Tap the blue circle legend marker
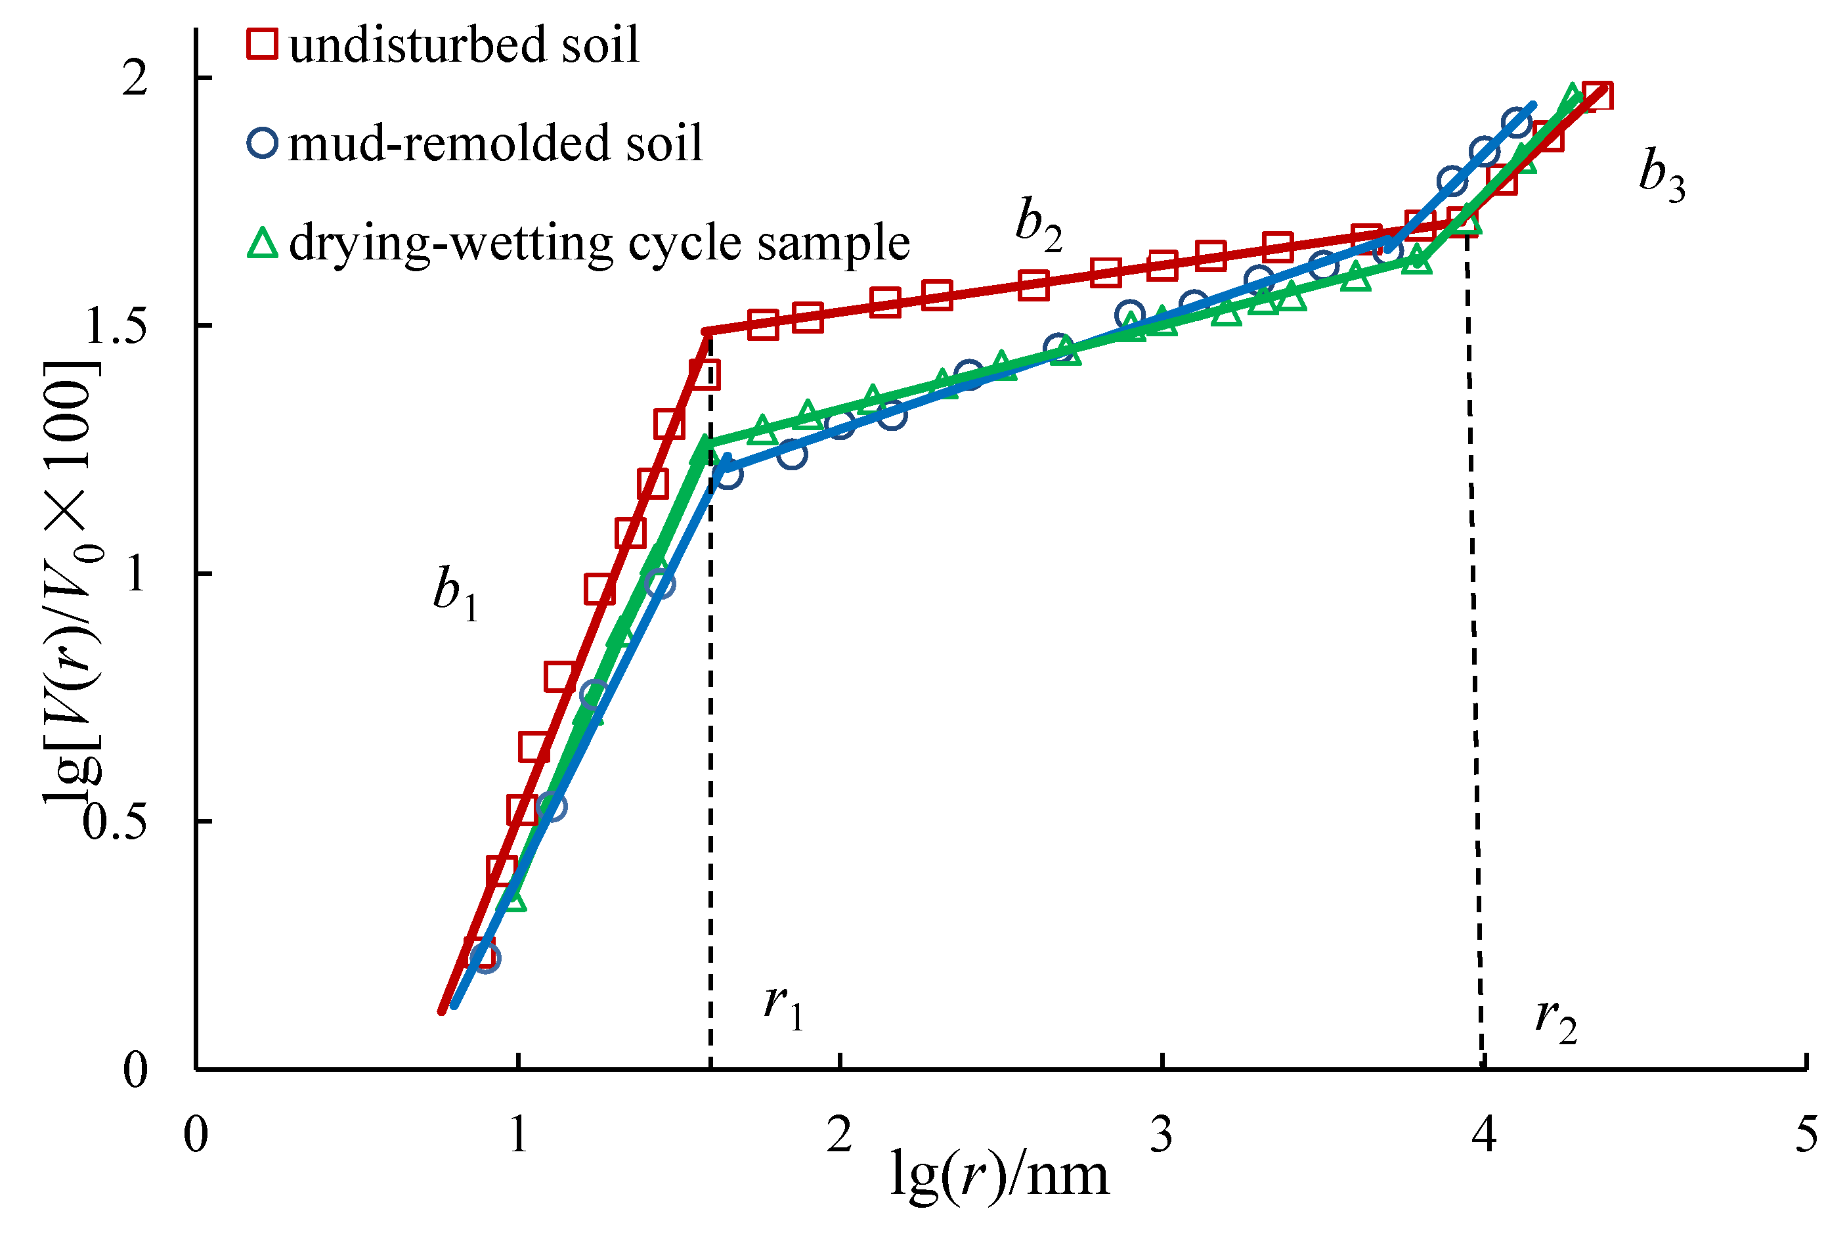tap(263, 143)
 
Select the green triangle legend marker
tap(263, 243)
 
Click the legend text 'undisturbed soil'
tap(464, 45)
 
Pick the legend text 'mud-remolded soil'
tap(496, 143)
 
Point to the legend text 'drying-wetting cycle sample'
tap(599, 243)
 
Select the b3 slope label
tap(1661, 176)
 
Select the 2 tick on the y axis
tap(135, 79)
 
